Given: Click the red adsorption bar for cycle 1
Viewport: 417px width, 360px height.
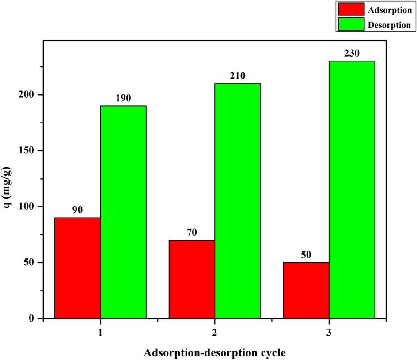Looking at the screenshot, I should point(77,268).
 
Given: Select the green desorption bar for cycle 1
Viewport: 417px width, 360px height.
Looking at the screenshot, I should point(123,212).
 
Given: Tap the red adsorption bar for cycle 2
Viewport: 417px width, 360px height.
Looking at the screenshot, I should point(192,279).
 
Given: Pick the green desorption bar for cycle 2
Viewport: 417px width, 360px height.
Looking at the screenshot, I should point(238,201).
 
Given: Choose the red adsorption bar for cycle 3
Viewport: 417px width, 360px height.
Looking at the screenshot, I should point(306,290).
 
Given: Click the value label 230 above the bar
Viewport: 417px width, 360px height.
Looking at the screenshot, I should point(352,53).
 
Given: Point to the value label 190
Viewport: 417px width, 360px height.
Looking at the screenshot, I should point(123,98).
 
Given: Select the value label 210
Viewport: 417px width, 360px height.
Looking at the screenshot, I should point(238,76).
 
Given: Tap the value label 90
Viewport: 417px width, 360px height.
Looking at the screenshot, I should point(77,210).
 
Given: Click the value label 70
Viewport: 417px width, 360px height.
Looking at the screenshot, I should point(192,232).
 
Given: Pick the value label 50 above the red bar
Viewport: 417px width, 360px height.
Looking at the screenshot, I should point(306,255).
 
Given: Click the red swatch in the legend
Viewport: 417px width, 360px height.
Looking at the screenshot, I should point(351,9).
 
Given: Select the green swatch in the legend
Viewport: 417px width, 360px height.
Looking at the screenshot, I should point(351,25).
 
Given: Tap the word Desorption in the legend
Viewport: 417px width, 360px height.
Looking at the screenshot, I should point(389,25).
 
